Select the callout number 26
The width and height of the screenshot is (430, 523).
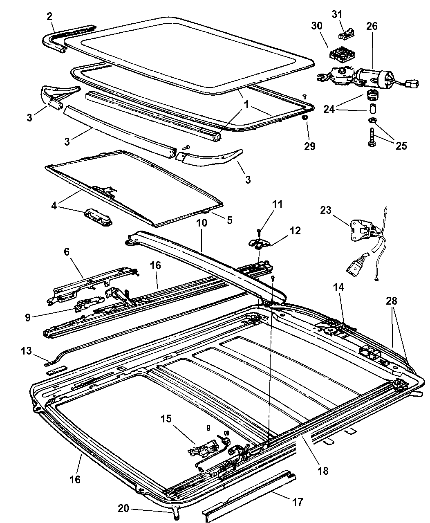pos(372,26)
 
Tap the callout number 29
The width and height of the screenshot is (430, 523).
pos(309,146)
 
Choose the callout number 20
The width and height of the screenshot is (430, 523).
pos(124,508)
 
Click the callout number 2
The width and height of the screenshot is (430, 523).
pos(49,16)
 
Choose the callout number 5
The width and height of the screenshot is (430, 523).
pos(229,220)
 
